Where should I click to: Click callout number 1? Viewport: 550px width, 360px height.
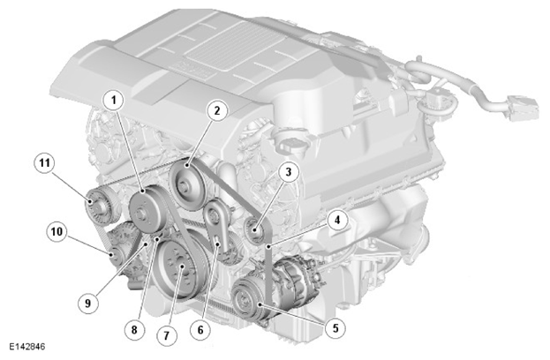click(x=113, y=100)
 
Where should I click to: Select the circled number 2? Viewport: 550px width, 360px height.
click(x=217, y=111)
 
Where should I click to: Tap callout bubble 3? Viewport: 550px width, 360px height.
click(x=289, y=172)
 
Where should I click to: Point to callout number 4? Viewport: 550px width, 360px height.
click(x=337, y=221)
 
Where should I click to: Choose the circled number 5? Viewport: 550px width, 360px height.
click(x=335, y=328)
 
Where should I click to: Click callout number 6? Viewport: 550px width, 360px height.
click(x=200, y=329)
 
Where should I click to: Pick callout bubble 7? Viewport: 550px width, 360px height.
click(x=166, y=335)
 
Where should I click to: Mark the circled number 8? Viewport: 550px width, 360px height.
click(x=134, y=329)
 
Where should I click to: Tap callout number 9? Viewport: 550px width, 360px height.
click(x=87, y=303)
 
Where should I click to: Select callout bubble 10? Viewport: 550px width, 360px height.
click(x=57, y=231)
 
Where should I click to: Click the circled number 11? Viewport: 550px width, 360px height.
click(x=44, y=163)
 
